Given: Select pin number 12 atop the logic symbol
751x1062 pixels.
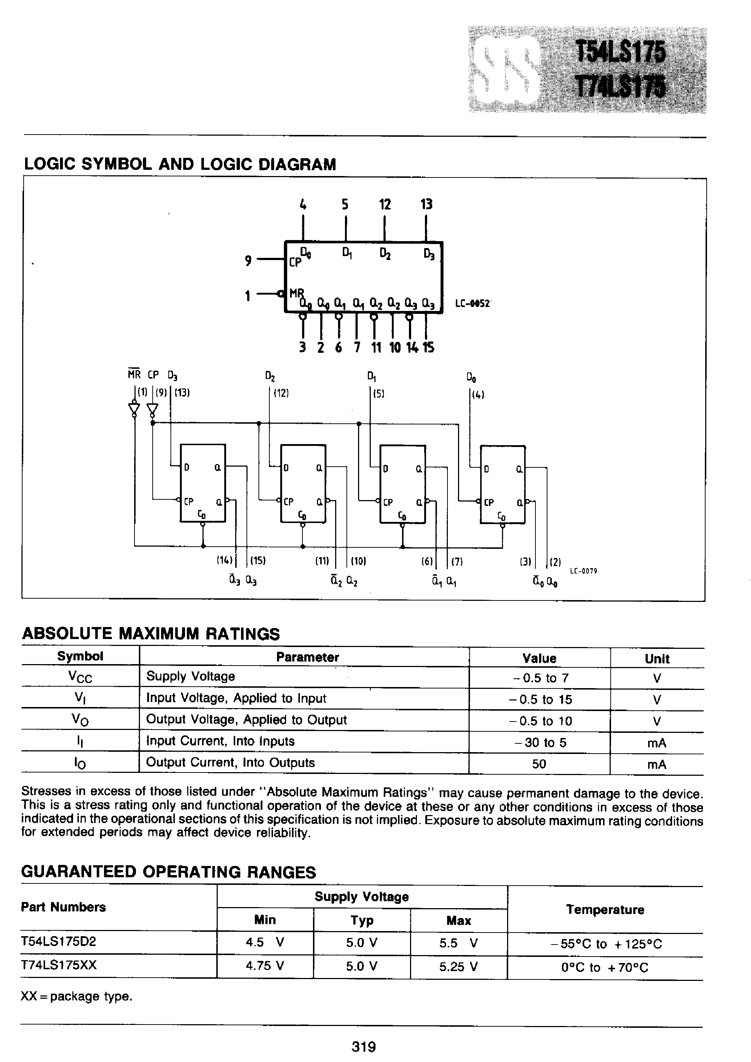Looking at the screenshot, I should coord(385,204).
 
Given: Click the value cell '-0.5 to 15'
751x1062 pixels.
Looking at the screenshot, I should coord(540,699).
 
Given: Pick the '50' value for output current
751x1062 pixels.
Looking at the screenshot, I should coord(539,764).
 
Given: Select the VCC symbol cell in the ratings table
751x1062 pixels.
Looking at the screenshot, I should coord(80,677).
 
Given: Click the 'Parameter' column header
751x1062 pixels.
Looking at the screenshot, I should coord(308,657).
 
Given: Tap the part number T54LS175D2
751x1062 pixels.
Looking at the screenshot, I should coord(59,942).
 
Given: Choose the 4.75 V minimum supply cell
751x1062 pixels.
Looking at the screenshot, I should coord(265,966).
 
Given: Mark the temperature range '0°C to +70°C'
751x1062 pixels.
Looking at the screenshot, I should coord(605,967).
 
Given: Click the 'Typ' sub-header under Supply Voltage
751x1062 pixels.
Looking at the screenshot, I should coord(362,920).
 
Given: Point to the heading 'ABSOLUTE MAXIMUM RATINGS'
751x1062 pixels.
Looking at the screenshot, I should coord(151,633).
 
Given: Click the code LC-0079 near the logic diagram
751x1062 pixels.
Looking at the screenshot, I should coord(583,571).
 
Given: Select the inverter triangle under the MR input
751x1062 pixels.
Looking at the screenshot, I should coord(134,409).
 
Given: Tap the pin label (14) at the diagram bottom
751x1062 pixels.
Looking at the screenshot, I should coord(225,560).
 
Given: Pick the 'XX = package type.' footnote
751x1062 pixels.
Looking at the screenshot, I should coord(77,996).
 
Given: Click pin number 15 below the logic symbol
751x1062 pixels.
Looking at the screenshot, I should coord(429,347).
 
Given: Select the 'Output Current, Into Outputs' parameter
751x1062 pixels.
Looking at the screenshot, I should coord(230,763).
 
